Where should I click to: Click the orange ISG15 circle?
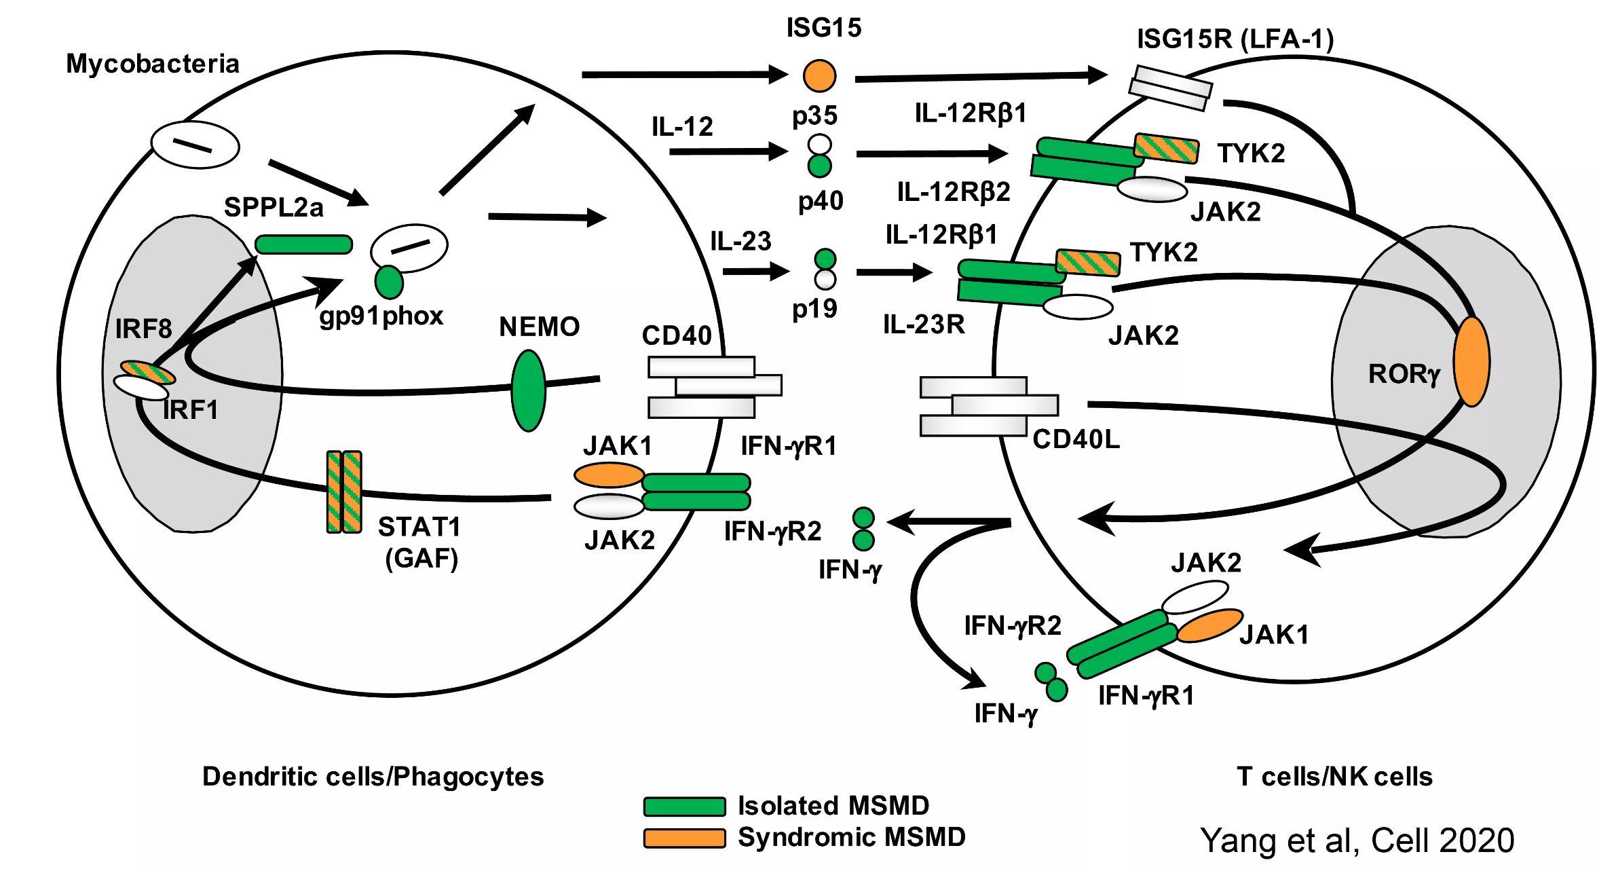819,75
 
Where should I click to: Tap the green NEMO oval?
528,390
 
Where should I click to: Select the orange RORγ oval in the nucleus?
1471,361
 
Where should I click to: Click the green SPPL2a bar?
303,244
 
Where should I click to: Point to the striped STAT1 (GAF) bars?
344,492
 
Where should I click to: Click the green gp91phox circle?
389,282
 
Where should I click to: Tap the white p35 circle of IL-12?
819,144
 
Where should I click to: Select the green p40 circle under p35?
819,165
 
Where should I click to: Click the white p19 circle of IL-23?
825,279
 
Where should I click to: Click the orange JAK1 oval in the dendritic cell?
609,475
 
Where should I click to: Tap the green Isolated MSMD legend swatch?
684,806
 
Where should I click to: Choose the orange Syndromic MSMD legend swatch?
684,838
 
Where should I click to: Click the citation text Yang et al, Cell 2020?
1357,840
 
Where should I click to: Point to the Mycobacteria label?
153,64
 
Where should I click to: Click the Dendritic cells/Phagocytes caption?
373,777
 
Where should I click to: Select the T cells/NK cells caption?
1334,777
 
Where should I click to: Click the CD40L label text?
1076,440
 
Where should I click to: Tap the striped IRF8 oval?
148,372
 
